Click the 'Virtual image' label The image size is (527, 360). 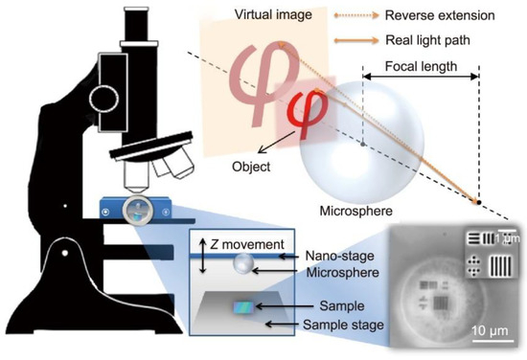246,18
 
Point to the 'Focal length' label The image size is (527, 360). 420,68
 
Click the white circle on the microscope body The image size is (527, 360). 101,97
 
